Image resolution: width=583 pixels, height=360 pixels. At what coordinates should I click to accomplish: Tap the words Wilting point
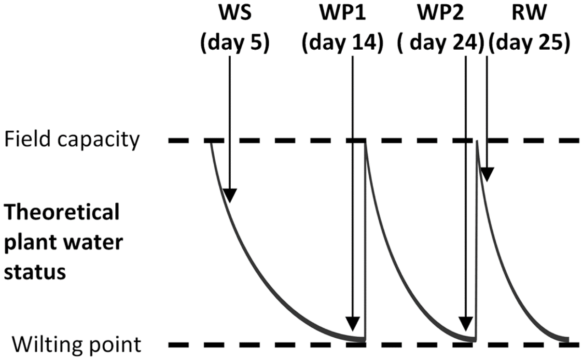tap(77, 345)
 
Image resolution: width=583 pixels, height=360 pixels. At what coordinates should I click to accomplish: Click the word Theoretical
tap(62, 212)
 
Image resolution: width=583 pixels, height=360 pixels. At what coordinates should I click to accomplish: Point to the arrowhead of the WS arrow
tap(230, 195)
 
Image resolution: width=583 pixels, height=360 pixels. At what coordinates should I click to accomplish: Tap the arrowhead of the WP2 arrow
tap(466, 323)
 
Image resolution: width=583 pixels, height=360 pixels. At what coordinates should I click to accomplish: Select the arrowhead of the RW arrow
tap(487, 175)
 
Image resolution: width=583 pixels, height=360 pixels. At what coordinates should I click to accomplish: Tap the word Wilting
tap(45, 345)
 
